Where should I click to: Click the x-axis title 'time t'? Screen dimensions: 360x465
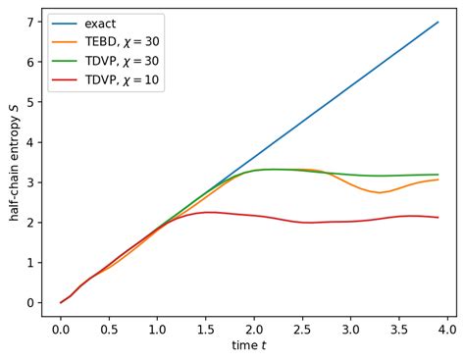(x=249, y=347)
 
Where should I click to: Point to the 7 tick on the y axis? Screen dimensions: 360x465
(x=31, y=22)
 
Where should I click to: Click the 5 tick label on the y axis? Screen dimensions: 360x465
(x=31, y=102)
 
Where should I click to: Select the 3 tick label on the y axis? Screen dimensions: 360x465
(x=31, y=182)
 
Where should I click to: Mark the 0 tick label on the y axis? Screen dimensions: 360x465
(x=31, y=302)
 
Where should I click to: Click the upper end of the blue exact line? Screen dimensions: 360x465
(x=438, y=22)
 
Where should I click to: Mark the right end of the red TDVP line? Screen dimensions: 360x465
(x=438, y=218)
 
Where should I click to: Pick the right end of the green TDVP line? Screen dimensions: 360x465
(x=438, y=175)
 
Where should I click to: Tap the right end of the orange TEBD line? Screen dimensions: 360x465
(x=438, y=180)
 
